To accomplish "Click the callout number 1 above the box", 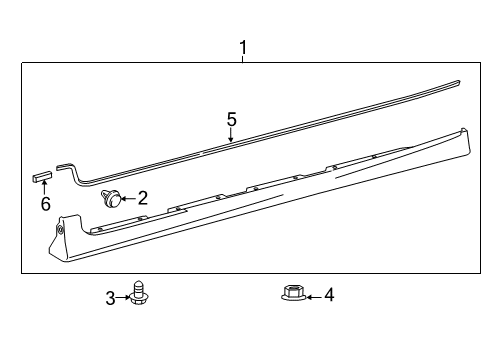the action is (243, 48).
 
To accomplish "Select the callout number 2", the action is (142, 198).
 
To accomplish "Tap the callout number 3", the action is (110, 298).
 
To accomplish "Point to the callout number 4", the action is (329, 295).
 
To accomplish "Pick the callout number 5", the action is (231, 119).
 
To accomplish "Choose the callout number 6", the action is (46, 204).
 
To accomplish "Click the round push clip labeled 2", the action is (111, 198).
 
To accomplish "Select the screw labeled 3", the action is (139, 293).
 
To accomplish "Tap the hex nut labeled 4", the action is (294, 293).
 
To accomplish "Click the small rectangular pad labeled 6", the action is (42, 175).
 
